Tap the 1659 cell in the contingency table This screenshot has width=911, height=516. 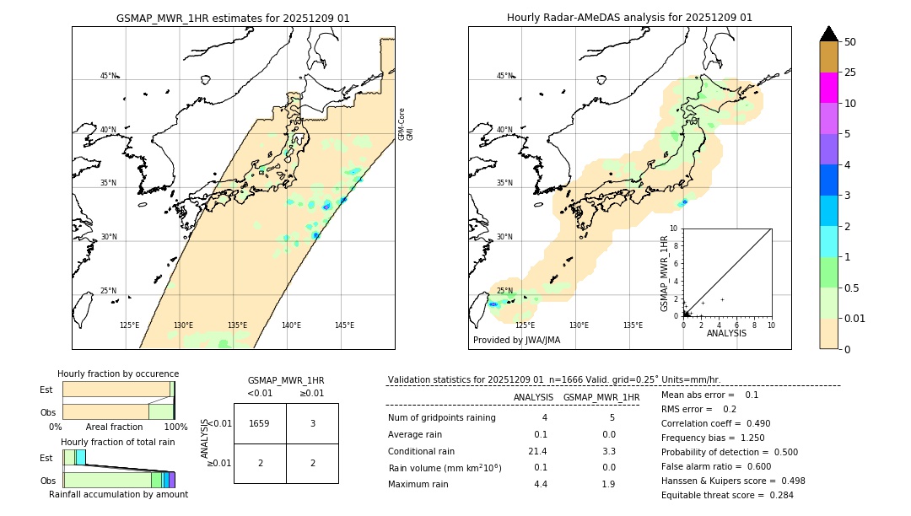tap(260, 424)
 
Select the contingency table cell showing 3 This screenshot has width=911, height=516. tap(312, 424)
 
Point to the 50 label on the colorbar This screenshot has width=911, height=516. tap(850, 42)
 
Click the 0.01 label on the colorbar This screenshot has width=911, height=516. tap(854, 318)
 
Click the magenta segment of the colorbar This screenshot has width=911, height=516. tap(828, 88)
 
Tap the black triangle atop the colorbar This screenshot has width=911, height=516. tap(828, 34)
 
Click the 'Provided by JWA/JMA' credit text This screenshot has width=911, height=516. tap(516, 341)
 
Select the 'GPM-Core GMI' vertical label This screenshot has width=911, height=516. tap(406, 124)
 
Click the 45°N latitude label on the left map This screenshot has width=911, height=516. tap(108, 76)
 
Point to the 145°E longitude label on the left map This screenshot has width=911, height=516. tap(344, 325)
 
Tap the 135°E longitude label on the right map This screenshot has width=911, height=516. tap(633, 325)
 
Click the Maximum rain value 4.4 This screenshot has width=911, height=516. tap(541, 484)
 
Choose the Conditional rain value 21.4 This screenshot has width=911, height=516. tap(538, 451)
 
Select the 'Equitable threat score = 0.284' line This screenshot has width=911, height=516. tap(727, 495)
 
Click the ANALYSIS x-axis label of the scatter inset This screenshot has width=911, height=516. tap(726, 333)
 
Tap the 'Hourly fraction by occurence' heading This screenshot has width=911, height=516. tap(118, 374)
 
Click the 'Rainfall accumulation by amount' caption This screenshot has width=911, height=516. tap(118, 494)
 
